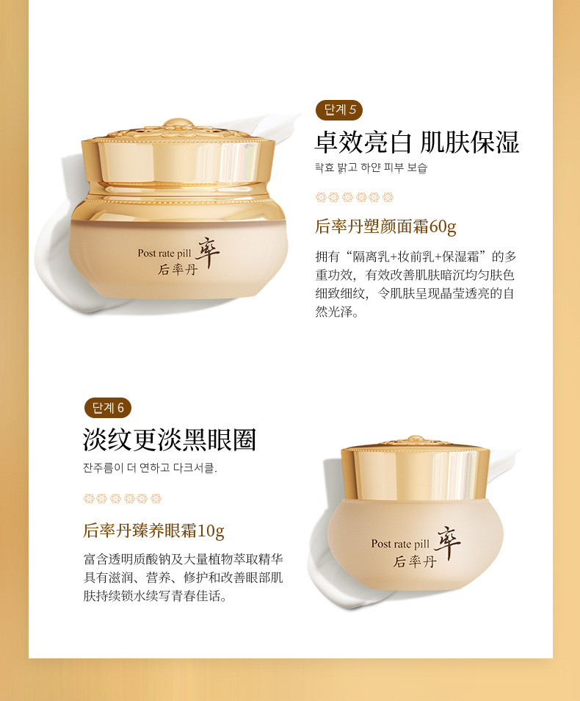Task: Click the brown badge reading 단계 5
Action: pos(338,110)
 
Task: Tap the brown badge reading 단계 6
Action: pos(108,408)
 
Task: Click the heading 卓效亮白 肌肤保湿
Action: pos(417,143)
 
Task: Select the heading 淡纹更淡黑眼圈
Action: pos(170,439)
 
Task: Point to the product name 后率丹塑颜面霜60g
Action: pos(385,226)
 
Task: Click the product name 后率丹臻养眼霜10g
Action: pos(153,531)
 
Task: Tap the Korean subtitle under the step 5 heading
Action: pos(371,168)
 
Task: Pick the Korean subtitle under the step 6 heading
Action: pos(150,468)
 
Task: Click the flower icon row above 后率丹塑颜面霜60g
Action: pos(355,197)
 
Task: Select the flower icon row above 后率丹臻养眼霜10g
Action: pos(123,498)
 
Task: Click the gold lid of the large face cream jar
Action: pos(178,161)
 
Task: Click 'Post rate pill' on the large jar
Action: pos(164,253)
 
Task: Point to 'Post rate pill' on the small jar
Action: pos(400,544)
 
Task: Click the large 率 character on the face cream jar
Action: pos(207,252)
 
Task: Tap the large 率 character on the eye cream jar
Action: pos(447,542)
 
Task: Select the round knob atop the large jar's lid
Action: pos(178,123)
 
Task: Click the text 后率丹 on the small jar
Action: pos(414,561)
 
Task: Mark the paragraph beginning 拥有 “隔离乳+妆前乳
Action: pos(416,284)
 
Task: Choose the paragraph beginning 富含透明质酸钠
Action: pos(184,577)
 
